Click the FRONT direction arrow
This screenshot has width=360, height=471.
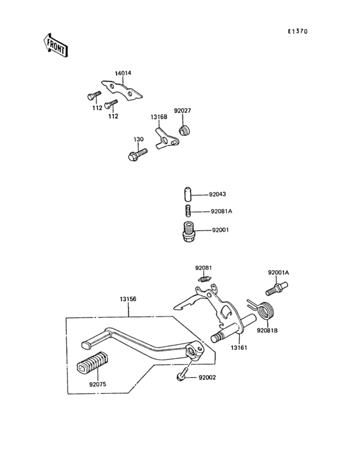57,44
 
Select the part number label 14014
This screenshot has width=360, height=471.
123,73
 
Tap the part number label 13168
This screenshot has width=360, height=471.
159,117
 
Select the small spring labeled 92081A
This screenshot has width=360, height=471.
185,211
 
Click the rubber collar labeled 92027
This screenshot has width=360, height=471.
186,132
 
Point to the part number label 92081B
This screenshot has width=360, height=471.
267,331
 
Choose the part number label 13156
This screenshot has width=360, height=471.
128,299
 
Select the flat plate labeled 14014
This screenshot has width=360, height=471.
122,90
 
